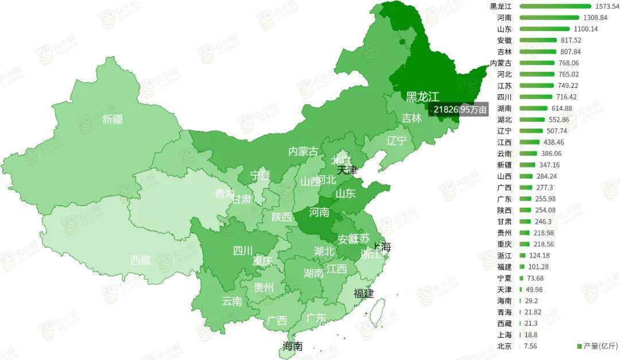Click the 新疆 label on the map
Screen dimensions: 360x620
coord(113,119)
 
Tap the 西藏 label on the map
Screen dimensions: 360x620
coord(140,260)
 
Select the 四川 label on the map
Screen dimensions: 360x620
coord(243,250)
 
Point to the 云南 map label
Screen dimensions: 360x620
coord(232,301)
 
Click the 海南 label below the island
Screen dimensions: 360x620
coord(292,346)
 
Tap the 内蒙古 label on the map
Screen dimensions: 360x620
coord(303,152)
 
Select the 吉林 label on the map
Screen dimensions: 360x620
coord(411,118)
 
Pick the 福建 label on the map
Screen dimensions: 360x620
coord(363,293)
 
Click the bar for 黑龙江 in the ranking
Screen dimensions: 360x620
coord(555,6)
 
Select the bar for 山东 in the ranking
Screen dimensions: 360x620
coord(545,29)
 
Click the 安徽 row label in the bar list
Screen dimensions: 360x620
coord(505,40)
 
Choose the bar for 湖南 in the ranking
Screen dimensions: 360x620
coord(533,109)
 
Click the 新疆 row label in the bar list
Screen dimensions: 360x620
coord(505,165)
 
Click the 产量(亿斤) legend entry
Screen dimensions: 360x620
coord(597,346)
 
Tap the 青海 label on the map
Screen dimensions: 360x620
coord(225,193)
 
